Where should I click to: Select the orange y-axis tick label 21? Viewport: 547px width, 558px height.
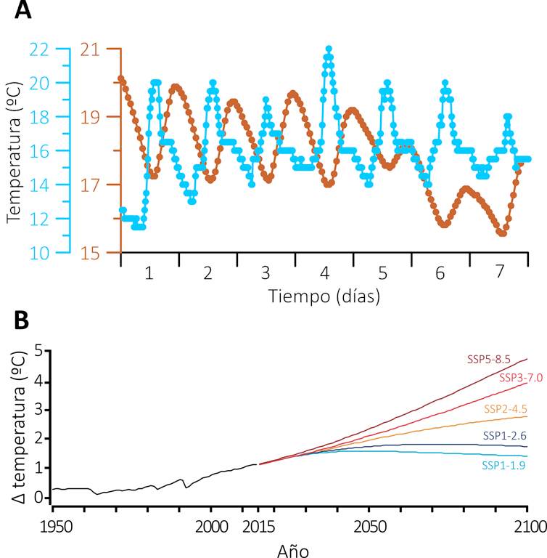(92, 49)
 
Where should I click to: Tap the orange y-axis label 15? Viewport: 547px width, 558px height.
(92, 253)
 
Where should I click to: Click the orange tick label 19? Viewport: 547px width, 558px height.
(92, 116)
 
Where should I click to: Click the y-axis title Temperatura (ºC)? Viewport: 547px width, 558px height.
(14, 151)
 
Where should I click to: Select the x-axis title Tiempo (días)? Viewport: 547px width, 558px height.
(324, 296)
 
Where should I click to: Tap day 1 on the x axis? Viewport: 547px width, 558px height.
(149, 273)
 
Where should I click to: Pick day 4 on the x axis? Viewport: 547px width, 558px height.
(324, 273)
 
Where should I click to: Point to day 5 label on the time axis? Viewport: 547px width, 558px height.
(382, 273)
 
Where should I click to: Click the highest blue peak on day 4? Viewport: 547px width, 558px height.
(329, 49)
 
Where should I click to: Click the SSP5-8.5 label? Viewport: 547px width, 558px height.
(489, 359)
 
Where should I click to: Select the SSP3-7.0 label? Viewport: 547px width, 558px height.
(520, 377)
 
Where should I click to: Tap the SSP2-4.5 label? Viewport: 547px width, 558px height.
(505, 408)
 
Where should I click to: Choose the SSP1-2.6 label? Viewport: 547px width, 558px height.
(504, 435)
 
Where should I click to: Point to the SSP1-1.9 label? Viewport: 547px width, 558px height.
(503, 465)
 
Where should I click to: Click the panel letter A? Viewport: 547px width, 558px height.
(23, 12)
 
